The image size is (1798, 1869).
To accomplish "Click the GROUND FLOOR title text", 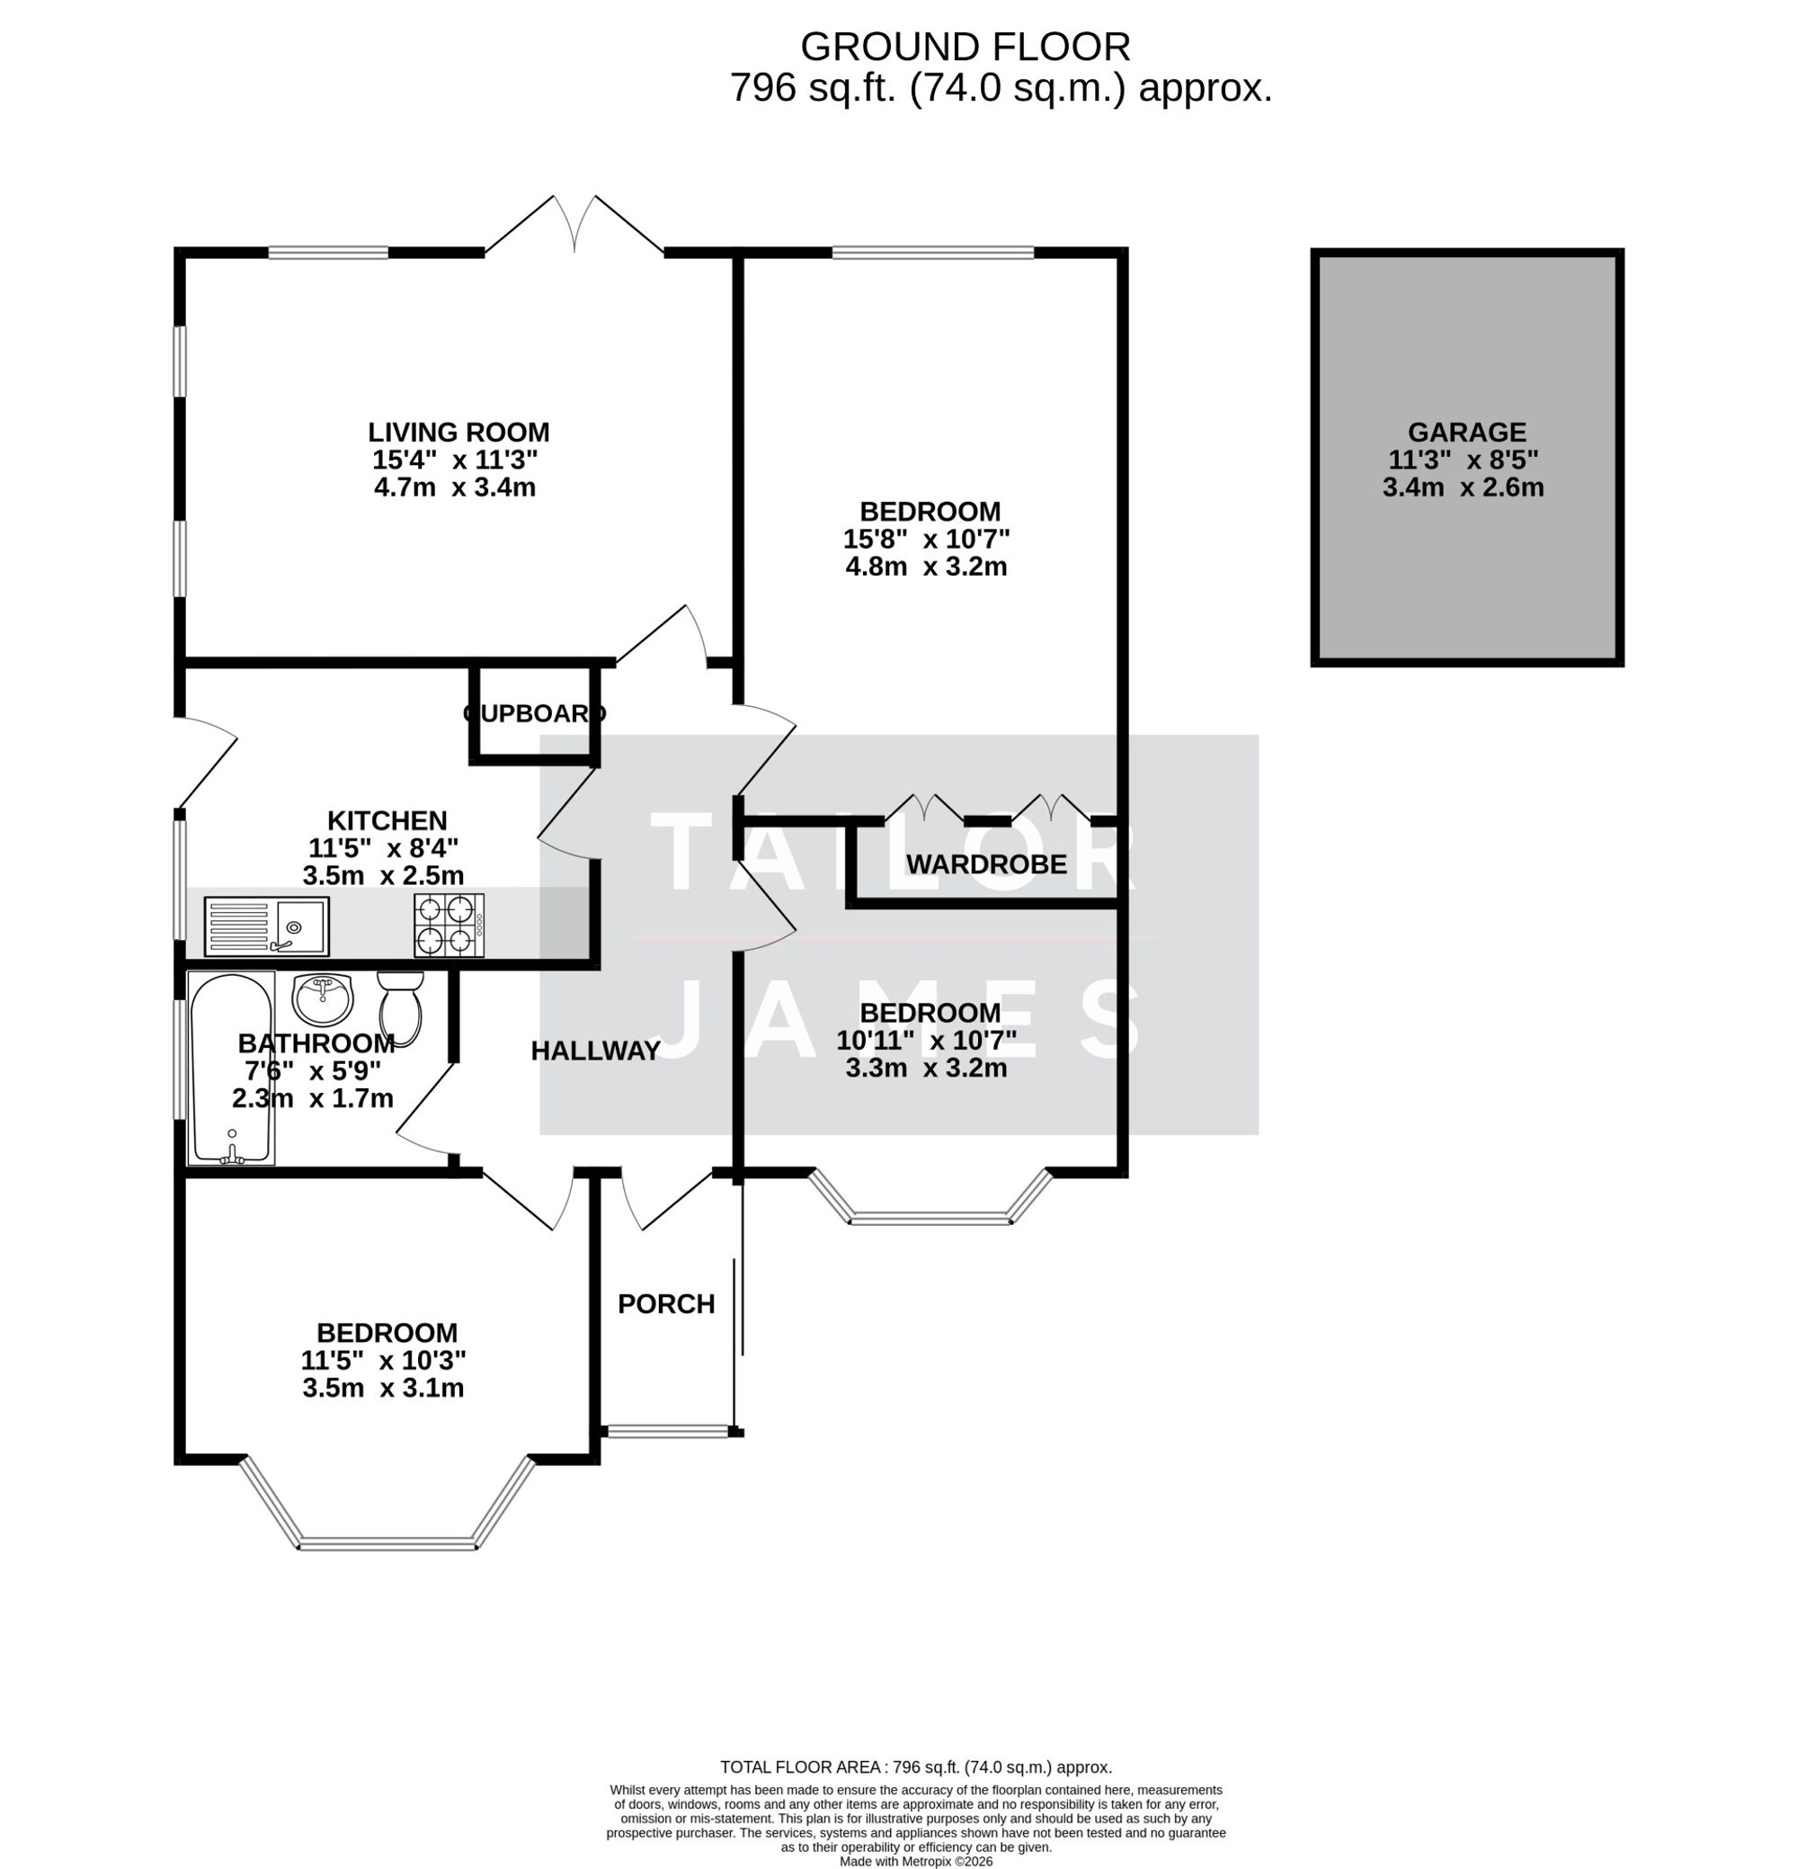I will (964, 47).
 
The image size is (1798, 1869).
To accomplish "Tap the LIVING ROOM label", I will (458, 432).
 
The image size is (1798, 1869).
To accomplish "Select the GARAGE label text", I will (1465, 432).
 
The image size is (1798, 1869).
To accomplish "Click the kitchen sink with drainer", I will (266, 925).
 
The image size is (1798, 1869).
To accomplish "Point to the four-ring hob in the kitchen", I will (448, 924).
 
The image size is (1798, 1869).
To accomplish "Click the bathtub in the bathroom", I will (233, 1067).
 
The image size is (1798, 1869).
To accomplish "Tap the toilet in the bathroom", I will (399, 1007).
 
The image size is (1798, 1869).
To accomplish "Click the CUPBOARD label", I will (534, 713).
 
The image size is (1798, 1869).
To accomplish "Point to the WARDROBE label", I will (986, 864).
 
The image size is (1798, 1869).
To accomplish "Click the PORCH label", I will (665, 1303).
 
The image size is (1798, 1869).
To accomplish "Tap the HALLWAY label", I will (595, 1051).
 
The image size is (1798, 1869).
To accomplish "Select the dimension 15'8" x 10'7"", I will (925, 539).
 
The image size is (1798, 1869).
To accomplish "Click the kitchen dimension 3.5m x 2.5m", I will (383, 875).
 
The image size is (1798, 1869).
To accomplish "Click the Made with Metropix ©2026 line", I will (915, 1860).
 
